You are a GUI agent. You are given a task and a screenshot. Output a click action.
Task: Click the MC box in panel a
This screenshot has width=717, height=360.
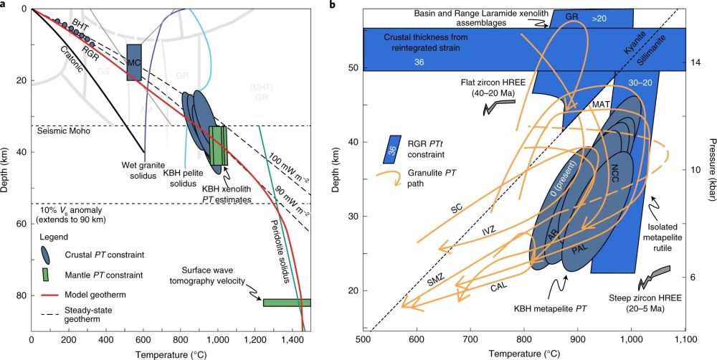pos(133,62)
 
